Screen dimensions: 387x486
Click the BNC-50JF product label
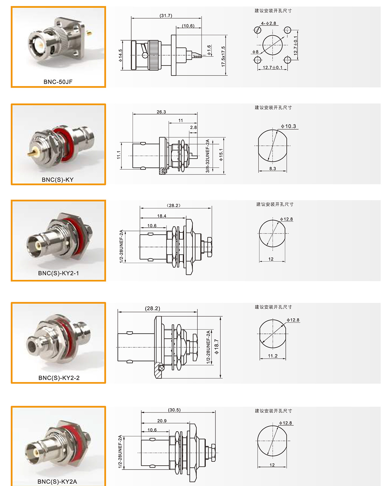pyautogui.click(x=58, y=82)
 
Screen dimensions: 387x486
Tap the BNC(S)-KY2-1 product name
pyautogui.click(x=58, y=273)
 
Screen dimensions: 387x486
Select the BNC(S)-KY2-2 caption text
pyautogui.click(x=59, y=378)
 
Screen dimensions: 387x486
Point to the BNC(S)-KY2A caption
pyautogui.click(x=57, y=481)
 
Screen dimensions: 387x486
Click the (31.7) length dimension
pyautogui.click(x=166, y=15)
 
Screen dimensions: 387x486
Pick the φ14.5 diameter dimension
pyautogui.click(x=120, y=55)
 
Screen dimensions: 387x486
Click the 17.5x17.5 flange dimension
pyautogui.click(x=223, y=56)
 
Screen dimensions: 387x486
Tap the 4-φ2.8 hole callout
pyautogui.click(x=268, y=23)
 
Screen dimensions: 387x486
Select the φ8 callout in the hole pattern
pyautogui.click(x=255, y=52)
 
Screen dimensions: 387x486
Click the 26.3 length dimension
pyautogui.click(x=161, y=112)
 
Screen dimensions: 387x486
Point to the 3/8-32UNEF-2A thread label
pyautogui.click(x=207, y=156)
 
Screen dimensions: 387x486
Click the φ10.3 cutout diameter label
pyautogui.click(x=289, y=126)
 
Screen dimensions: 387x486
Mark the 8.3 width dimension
pyautogui.click(x=273, y=168)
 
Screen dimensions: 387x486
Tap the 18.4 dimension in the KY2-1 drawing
pyautogui.click(x=162, y=216)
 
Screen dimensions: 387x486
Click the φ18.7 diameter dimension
pyautogui.click(x=216, y=346)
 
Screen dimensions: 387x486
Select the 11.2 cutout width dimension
pyautogui.click(x=273, y=356)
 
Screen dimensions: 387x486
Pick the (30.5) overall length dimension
pyautogui.click(x=174, y=410)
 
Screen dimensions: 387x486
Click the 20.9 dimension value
pyautogui.click(x=162, y=421)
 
